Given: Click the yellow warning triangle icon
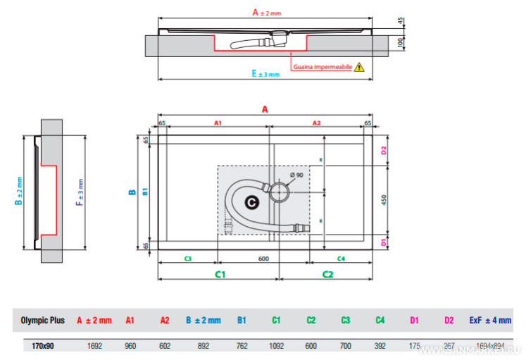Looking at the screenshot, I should point(360,68).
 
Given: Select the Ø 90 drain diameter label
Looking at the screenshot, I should point(296,175).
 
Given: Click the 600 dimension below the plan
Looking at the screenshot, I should point(263,259).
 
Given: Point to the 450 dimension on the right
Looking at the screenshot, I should point(384,199).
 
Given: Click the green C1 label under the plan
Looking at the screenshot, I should point(220,273).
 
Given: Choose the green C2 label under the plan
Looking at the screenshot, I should point(327,273).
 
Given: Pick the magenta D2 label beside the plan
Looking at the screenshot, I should point(384,150).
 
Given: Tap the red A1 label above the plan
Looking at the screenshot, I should point(218,123).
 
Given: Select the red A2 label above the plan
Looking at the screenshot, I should point(316,123).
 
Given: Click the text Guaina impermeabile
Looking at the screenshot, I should point(323,68).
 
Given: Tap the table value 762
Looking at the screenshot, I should point(241,346).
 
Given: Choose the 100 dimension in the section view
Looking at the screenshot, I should point(400,43).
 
